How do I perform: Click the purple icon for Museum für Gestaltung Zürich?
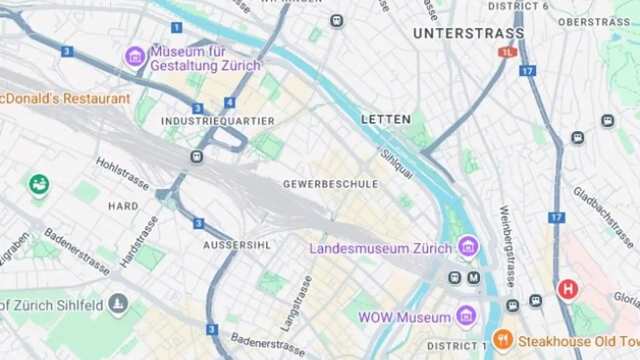click(x=135, y=57)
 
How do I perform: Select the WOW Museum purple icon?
click(x=466, y=316)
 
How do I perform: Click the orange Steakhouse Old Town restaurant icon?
click(x=503, y=340)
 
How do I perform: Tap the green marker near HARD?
click(x=39, y=185)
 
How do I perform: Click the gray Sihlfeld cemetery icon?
click(x=118, y=305)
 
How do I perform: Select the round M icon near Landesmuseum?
click(x=474, y=278)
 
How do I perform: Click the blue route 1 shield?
click(x=176, y=28)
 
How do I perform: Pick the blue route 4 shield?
click(x=229, y=103)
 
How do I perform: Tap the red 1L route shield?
click(x=508, y=52)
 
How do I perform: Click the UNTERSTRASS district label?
click(x=468, y=33)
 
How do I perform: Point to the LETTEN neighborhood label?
click(x=386, y=119)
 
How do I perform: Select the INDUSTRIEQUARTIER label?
click(x=218, y=121)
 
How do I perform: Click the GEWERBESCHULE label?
click(x=331, y=184)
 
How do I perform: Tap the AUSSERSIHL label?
click(x=237, y=245)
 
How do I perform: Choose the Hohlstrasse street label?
click(x=122, y=173)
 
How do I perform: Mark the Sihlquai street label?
click(x=396, y=164)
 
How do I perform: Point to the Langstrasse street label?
click(x=296, y=303)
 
